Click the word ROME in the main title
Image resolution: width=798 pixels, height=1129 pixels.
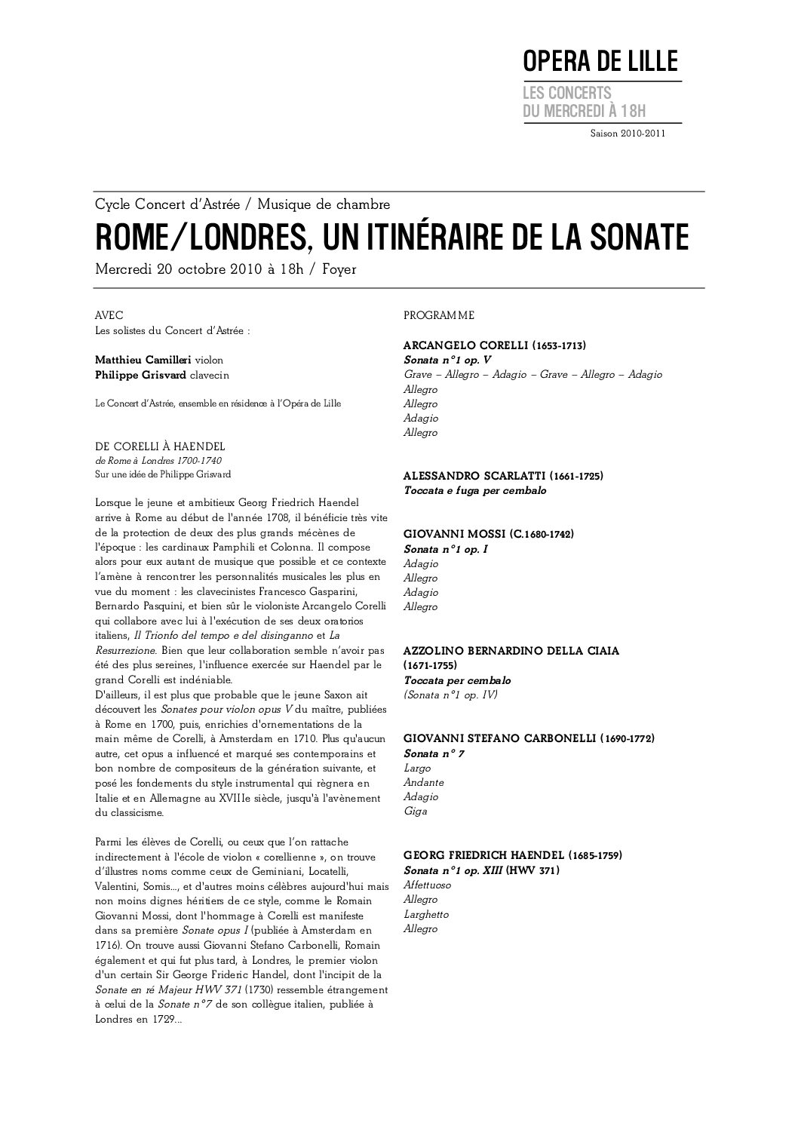click(x=129, y=237)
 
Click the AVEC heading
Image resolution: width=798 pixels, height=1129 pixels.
click(x=109, y=315)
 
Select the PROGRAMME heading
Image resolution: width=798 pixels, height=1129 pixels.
click(x=439, y=315)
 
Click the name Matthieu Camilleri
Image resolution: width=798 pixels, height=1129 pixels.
click(x=143, y=360)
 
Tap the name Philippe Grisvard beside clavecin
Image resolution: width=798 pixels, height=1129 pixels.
click(x=141, y=374)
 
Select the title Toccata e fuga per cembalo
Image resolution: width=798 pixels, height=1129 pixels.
click(x=475, y=490)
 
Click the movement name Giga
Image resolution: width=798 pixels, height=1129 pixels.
click(x=416, y=811)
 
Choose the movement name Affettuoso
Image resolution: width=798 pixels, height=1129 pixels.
click(x=426, y=885)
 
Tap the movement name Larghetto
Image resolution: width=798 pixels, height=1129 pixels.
click(x=426, y=914)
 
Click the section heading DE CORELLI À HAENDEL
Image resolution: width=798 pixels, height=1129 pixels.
click(x=160, y=446)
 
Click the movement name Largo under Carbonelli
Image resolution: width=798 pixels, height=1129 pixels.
click(x=417, y=768)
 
